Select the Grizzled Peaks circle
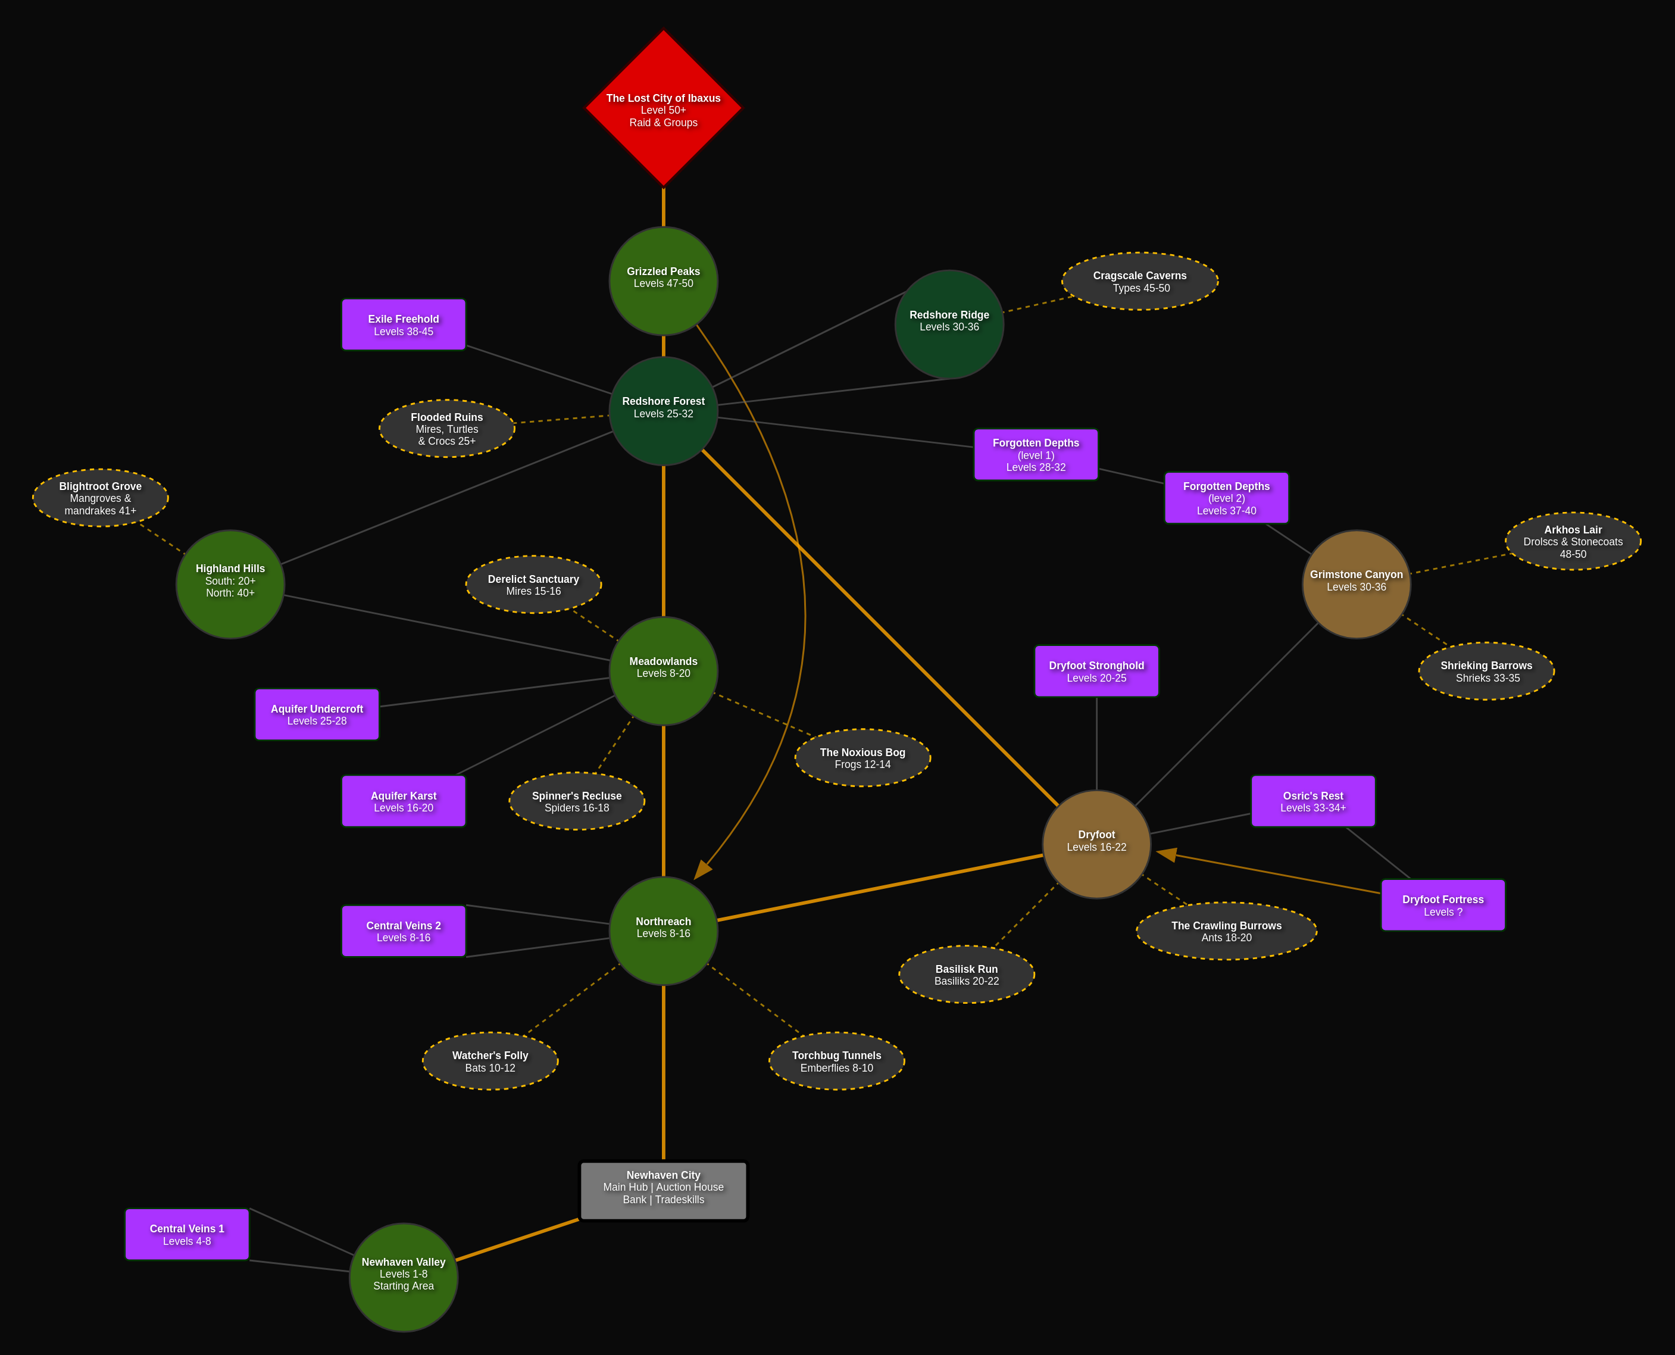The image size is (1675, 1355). click(x=664, y=281)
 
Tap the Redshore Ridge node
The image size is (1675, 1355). click(x=949, y=324)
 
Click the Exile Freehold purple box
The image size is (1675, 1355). click(x=404, y=324)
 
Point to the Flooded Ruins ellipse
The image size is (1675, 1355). click(x=446, y=429)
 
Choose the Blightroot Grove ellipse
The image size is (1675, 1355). click(x=100, y=498)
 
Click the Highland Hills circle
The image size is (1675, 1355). click(x=230, y=584)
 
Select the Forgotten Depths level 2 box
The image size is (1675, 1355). click(x=1226, y=498)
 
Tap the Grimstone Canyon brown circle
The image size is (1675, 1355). click(x=1356, y=584)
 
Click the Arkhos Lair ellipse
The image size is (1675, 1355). click(x=1573, y=541)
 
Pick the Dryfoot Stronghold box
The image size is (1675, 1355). click(x=1096, y=672)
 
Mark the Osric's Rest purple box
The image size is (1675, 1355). click(x=1313, y=801)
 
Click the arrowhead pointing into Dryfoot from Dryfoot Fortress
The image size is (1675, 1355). click(x=1166, y=855)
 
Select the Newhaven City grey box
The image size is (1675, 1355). click(x=664, y=1190)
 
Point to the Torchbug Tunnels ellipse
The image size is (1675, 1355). click(x=837, y=1061)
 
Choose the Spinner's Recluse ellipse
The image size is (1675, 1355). click(x=577, y=801)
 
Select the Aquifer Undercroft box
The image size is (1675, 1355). click(x=317, y=714)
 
